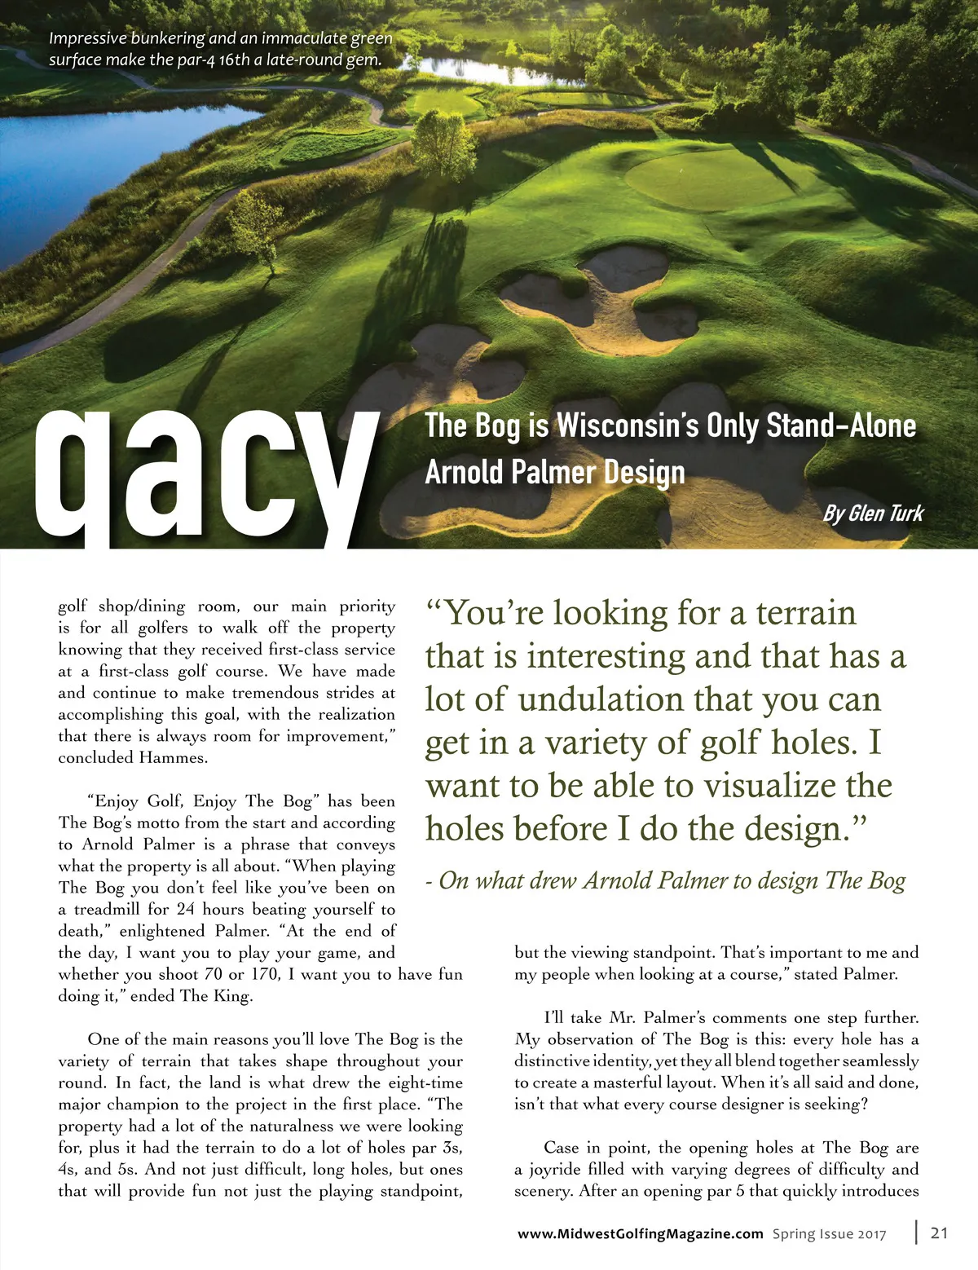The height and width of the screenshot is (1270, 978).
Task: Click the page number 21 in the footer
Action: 939,1233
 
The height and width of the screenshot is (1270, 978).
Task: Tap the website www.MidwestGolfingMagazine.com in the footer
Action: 641,1233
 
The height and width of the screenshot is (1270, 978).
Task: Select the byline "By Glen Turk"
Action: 873,513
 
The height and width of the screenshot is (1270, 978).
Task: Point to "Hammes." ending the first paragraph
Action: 174,757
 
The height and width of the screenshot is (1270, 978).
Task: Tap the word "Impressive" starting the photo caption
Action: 86,38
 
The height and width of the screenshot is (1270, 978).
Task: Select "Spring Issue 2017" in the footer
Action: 829,1233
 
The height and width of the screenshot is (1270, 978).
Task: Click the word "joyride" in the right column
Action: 559,1169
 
